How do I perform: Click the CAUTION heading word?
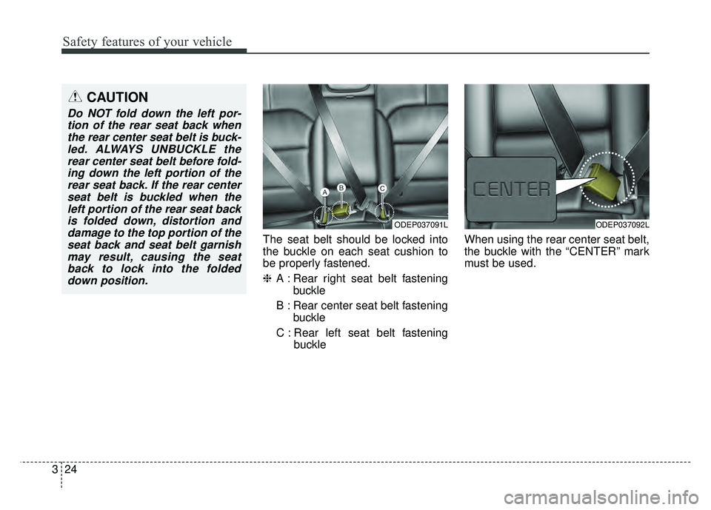117,97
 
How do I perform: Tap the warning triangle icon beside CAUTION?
76,97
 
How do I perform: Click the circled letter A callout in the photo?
324,192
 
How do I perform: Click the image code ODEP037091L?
420,224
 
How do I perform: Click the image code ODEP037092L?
621,224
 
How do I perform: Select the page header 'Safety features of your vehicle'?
140,42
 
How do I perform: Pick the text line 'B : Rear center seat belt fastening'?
361,306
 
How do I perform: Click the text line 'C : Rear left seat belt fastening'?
361,333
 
